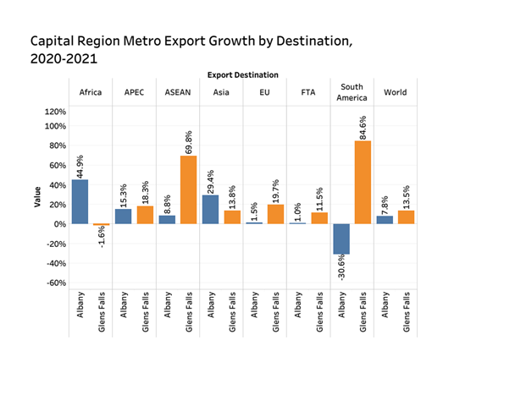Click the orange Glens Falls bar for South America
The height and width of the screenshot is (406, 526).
(363, 182)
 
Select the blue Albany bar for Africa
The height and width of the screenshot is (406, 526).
(80, 201)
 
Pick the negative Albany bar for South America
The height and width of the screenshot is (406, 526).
(341, 239)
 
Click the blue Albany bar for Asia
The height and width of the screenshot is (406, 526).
(209, 209)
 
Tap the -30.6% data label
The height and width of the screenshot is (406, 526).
(341, 272)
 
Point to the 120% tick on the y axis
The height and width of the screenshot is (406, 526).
(54, 111)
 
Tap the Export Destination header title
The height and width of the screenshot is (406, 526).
(242, 75)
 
